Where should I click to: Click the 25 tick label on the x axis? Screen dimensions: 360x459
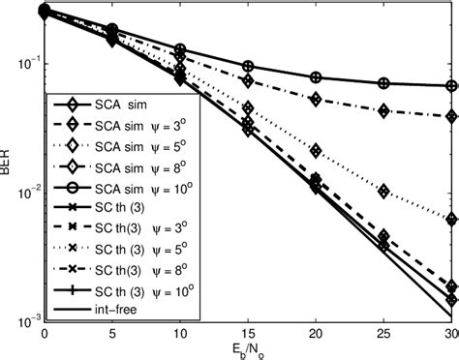click(384, 333)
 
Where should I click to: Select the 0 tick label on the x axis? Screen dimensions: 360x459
click(45, 333)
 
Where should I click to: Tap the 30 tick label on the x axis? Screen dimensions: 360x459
click(451, 333)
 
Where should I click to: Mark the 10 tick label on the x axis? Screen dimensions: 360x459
click(180, 333)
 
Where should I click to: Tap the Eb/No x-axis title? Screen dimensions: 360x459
click(248, 349)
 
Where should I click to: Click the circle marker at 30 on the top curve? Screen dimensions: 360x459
click(452, 85)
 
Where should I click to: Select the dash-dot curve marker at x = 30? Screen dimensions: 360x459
click(452, 116)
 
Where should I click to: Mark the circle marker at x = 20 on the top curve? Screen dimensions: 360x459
click(316, 77)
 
